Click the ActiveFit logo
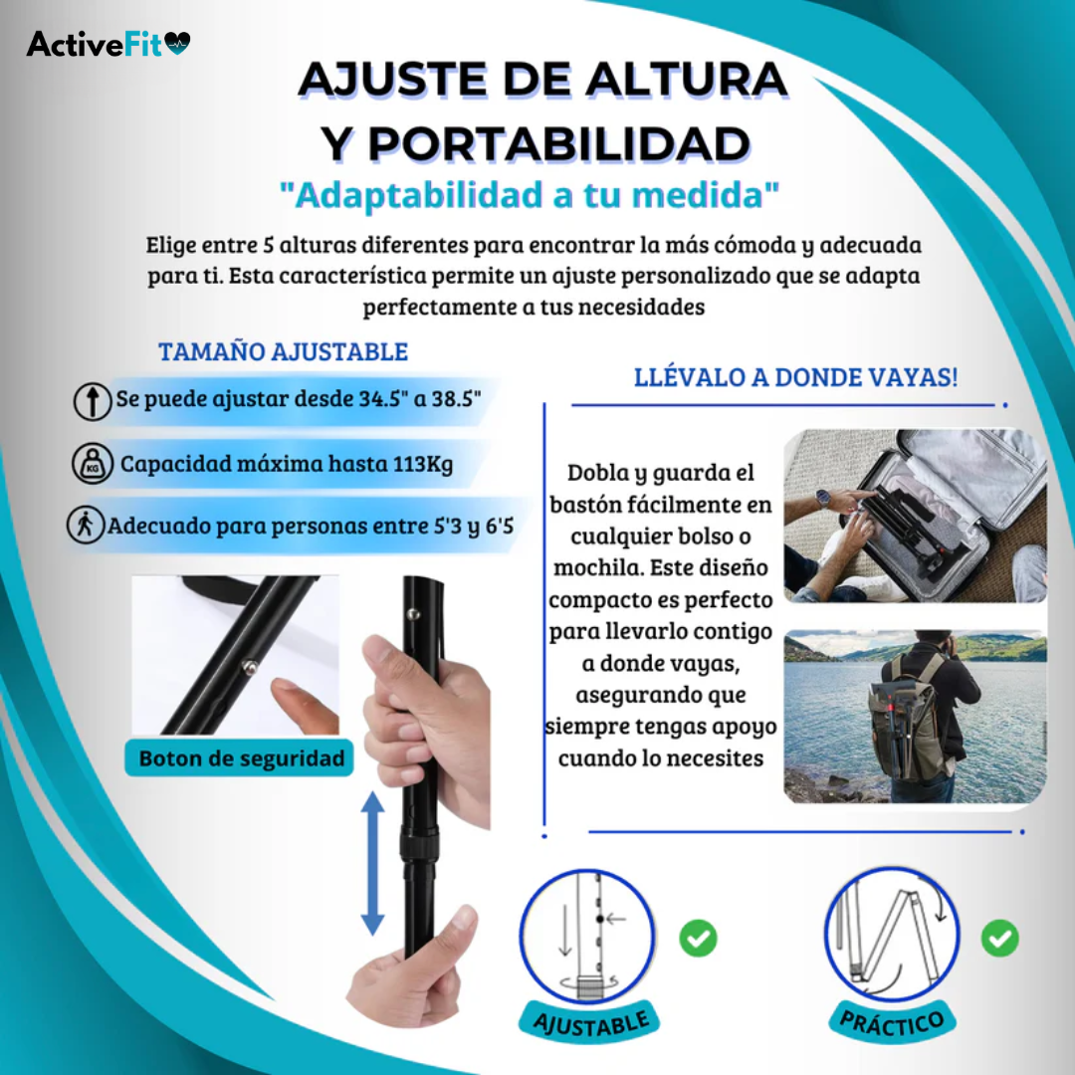[108, 44]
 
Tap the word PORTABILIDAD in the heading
[536, 144]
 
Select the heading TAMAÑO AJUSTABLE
[283, 351]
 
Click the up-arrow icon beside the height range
[92, 402]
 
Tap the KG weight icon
[92, 464]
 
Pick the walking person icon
[86, 526]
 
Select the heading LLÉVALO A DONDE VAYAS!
[796, 378]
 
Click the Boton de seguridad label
[242, 758]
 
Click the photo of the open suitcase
[915, 516]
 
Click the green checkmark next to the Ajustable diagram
[698, 938]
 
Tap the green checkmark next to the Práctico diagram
[999, 938]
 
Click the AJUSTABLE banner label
[591, 1023]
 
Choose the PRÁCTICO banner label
[892, 1023]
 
